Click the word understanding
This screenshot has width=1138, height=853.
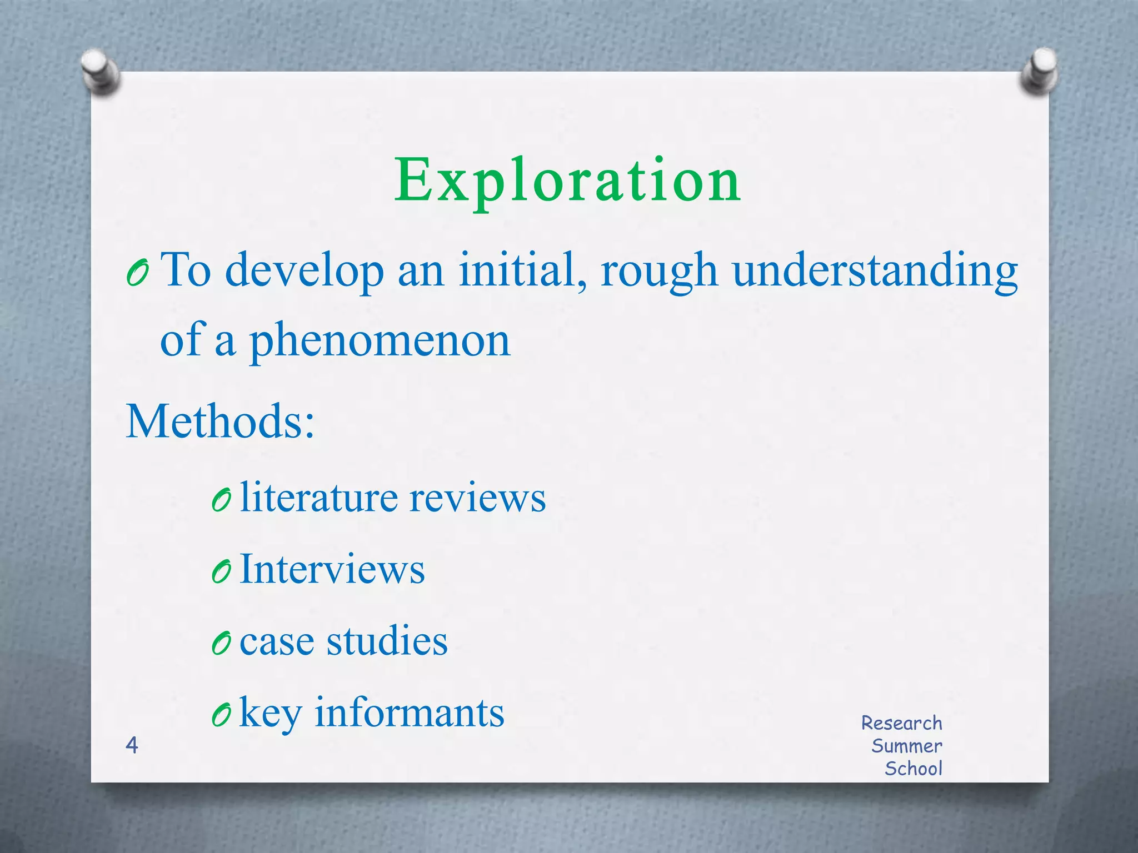point(875,271)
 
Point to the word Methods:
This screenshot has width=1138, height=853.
point(221,421)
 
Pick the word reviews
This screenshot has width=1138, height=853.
point(478,497)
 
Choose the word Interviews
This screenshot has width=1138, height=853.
point(332,569)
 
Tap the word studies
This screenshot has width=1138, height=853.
point(387,641)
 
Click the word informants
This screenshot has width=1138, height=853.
point(410,712)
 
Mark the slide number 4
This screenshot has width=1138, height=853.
point(132,745)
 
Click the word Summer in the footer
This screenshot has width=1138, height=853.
point(906,746)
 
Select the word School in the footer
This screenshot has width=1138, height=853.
point(914,769)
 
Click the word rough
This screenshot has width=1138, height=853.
point(659,271)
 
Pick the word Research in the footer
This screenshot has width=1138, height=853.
point(901,723)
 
